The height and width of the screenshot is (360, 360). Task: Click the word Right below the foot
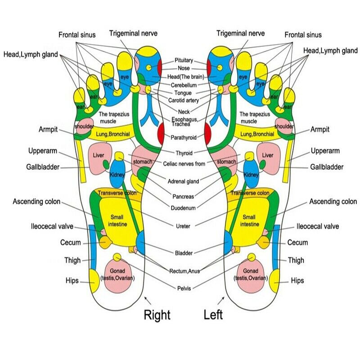157,315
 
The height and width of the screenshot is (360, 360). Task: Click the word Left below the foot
213,314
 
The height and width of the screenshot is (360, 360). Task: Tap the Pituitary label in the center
184,60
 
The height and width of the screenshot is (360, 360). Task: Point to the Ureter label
183,225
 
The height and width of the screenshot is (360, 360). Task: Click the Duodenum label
183,208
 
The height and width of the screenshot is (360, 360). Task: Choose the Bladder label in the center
183,252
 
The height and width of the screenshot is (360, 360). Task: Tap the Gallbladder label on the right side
327,167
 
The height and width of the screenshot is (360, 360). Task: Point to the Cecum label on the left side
71,243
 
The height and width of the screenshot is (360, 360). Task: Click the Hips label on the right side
297,280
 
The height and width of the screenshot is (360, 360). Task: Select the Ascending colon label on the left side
37,201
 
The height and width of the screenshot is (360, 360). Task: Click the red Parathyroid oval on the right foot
161,132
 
